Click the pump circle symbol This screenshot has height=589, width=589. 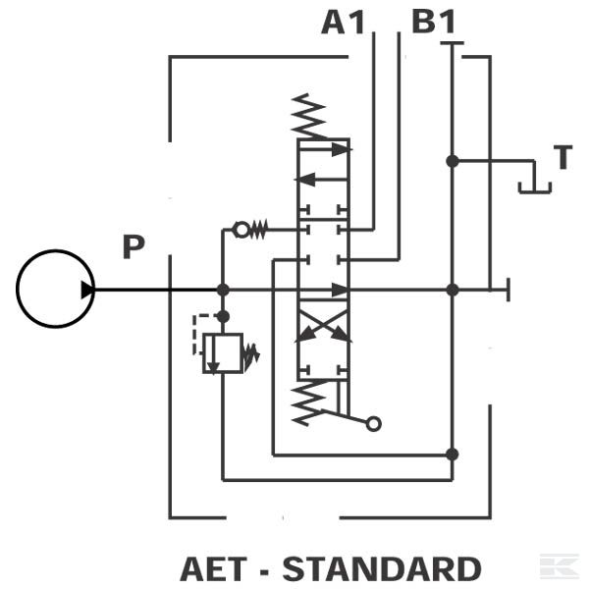pos(55,289)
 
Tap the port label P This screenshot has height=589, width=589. pos(134,246)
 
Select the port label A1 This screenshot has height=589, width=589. pos(343,22)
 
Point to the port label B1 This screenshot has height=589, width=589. pos(433,22)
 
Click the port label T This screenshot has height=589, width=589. pos(562,157)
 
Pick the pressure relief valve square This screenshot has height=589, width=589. pos(224,353)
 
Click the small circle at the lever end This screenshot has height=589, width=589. pos(373,424)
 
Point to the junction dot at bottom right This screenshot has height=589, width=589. pos(452,454)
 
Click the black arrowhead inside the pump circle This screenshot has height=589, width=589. pos(88,290)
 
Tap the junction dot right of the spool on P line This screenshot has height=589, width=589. pos(452,290)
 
